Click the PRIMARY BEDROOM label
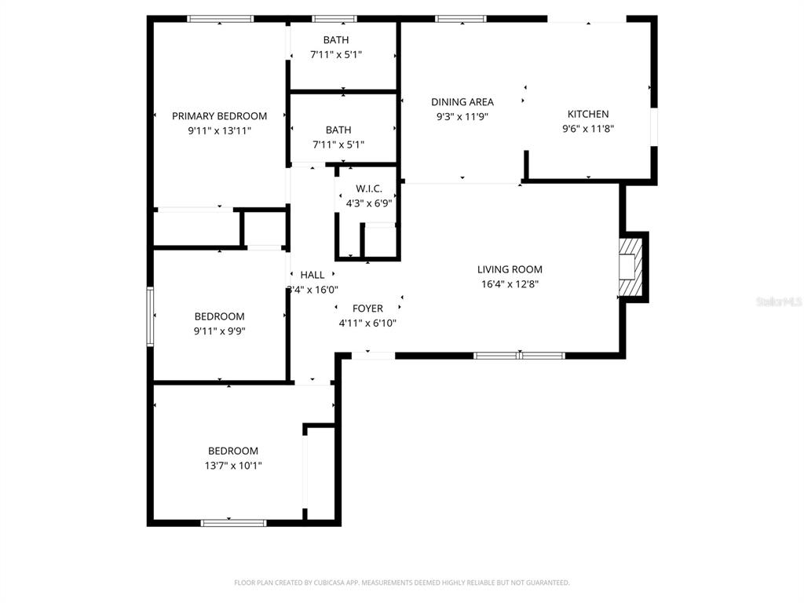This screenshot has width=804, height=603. pyautogui.click(x=219, y=116)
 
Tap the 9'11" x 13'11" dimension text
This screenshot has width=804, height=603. pyautogui.click(x=219, y=131)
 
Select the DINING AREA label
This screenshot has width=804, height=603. pyautogui.click(x=462, y=102)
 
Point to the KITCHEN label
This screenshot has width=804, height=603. pyautogui.click(x=588, y=114)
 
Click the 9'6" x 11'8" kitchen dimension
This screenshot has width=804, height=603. pyautogui.click(x=588, y=129)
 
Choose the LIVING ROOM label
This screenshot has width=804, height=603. pyautogui.click(x=510, y=269)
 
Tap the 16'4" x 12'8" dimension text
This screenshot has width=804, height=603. pyautogui.click(x=510, y=284)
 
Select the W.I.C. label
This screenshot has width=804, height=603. pyautogui.click(x=368, y=188)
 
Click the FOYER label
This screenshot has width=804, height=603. pyautogui.click(x=367, y=309)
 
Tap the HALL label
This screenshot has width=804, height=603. pyautogui.click(x=312, y=275)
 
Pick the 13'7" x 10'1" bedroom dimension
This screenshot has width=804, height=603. pyautogui.click(x=232, y=466)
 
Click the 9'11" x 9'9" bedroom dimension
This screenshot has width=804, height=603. pyautogui.click(x=220, y=331)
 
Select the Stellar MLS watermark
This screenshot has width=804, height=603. pyautogui.click(x=779, y=301)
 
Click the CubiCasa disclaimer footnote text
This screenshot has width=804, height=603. pyautogui.click(x=402, y=583)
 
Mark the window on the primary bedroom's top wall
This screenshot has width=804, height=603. pyautogui.click(x=220, y=18)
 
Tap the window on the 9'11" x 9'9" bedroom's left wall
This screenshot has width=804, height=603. pyautogui.click(x=150, y=316)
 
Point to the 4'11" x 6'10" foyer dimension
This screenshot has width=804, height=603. pyautogui.click(x=367, y=323)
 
